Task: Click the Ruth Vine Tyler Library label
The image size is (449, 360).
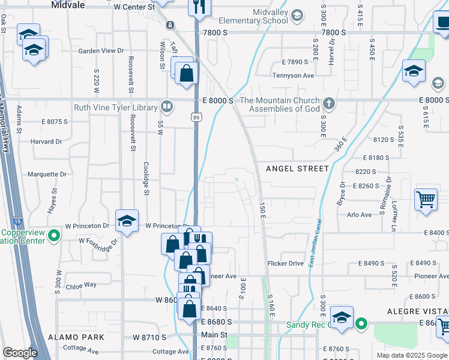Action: pos(116,108)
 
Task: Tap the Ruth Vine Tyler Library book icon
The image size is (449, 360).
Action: pos(167,107)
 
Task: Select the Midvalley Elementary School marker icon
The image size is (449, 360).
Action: pos(297,17)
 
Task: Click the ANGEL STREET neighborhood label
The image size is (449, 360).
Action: pos(297,169)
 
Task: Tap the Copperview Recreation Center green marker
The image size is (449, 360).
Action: pos(53,235)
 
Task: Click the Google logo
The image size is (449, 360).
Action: pos(20,353)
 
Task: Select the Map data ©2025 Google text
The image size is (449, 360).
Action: pos(411,355)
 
